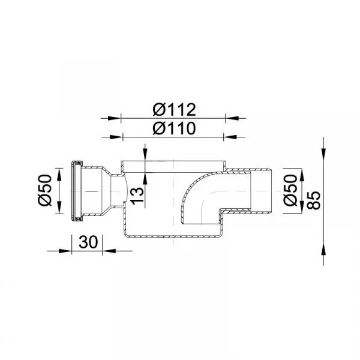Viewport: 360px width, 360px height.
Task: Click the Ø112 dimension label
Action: [174, 110]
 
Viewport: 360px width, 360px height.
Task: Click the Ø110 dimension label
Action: [174, 128]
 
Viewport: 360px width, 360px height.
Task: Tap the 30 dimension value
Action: [88, 242]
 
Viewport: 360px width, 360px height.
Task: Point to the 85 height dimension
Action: [313, 200]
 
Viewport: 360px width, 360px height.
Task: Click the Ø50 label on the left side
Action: [45, 190]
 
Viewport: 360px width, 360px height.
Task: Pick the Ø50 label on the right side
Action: [290, 190]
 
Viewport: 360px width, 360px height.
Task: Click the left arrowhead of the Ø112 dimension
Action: [115, 118]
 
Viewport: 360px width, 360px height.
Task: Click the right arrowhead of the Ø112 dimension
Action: [232, 118]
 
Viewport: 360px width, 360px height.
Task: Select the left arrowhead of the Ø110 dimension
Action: [116, 137]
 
